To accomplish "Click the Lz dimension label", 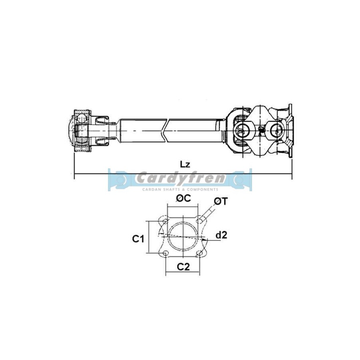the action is [x=185, y=164].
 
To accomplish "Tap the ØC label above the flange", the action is [x=183, y=198].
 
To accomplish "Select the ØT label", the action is [x=221, y=201].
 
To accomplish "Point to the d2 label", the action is [x=221, y=235].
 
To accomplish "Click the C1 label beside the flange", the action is [x=138, y=239].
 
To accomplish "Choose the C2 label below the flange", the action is [x=183, y=267].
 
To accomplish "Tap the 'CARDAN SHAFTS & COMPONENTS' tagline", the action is [x=180, y=190].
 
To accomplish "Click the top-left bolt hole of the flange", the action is [x=165, y=221].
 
